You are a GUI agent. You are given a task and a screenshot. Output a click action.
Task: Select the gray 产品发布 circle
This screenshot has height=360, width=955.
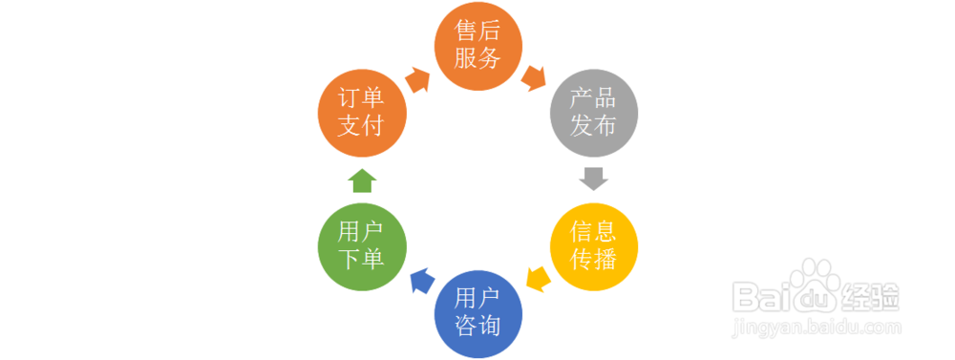pyautogui.click(x=593, y=113)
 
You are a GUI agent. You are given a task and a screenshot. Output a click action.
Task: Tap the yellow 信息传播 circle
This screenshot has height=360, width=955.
pyautogui.click(x=593, y=246)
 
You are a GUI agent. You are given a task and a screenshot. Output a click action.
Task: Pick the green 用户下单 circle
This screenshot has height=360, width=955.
pyautogui.click(x=362, y=246)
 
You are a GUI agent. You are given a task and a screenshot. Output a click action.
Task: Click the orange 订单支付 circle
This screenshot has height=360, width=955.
pyautogui.click(x=362, y=113)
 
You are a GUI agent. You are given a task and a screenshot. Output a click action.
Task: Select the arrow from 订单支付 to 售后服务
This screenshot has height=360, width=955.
pyautogui.click(x=417, y=78)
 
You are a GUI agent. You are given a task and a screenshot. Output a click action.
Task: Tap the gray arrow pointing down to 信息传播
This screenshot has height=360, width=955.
pyautogui.click(x=594, y=180)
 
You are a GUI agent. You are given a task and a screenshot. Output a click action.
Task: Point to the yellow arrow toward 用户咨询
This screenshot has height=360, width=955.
pyautogui.click(x=538, y=280)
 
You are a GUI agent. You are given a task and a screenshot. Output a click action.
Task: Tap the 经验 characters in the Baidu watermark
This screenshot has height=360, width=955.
pyautogui.click(x=868, y=297)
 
